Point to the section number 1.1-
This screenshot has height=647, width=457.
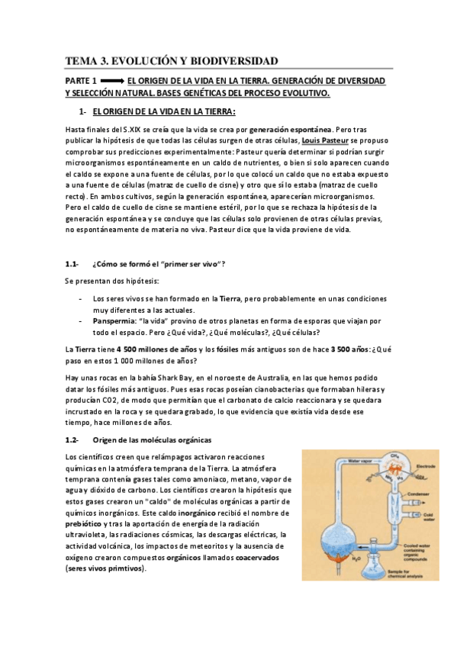click(x=72, y=264)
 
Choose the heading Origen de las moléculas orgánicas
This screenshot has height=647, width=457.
click(x=152, y=440)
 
